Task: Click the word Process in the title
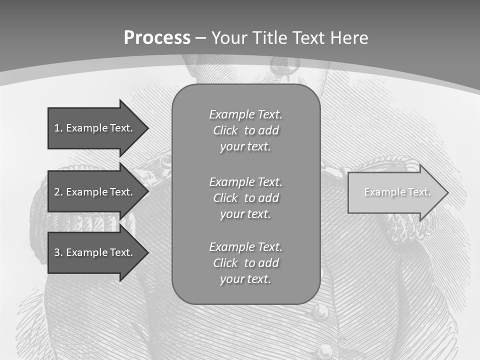(157, 38)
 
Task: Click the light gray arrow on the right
(395, 192)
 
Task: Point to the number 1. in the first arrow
(58, 128)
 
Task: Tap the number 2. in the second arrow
(58, 192)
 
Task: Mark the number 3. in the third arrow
(58, 252)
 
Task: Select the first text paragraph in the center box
(245, 130)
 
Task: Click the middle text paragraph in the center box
(245, 198)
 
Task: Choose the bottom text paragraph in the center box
(245, 263)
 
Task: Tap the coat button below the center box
(320, 312)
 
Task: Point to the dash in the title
(201, 38)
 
